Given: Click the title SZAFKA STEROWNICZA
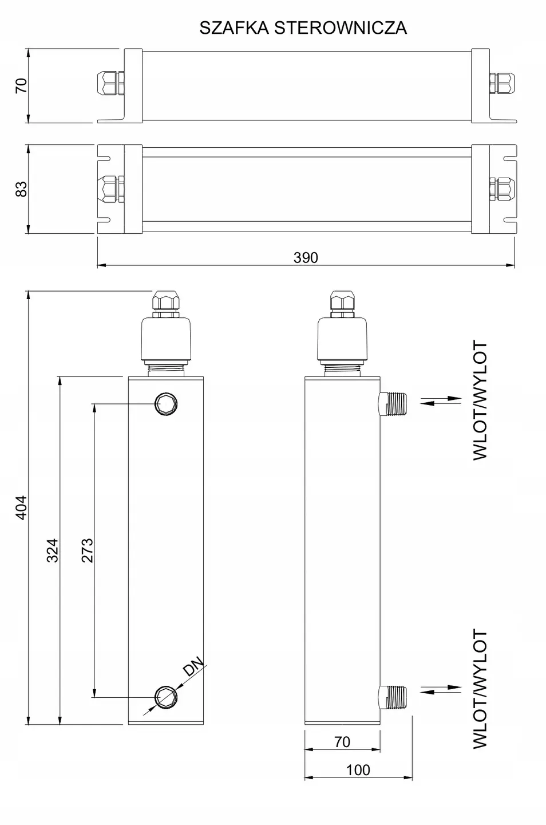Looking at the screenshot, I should coord(303,27).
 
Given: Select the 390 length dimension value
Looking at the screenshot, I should coord(306,258).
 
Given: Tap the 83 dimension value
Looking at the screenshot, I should coord(21,189).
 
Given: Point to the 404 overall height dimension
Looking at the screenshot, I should coord(21,507).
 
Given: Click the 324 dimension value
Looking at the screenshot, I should coord(53,550).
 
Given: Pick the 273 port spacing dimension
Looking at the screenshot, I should coord(87,550).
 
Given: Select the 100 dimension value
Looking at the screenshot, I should coord(358,770).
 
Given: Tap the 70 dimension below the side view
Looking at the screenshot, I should coord(342,742).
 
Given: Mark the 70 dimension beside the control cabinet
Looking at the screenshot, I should coord(21,86).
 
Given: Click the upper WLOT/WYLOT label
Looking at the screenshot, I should coord(480,400).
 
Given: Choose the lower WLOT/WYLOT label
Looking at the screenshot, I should coord(480,689).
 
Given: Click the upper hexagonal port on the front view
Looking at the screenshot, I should coord(167,405).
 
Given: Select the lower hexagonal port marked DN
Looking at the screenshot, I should coord(167,696).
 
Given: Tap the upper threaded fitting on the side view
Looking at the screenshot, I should coord(393,403).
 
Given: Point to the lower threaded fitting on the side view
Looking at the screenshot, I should coord(393,696).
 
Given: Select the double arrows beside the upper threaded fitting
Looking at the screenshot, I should coord(441,400).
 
